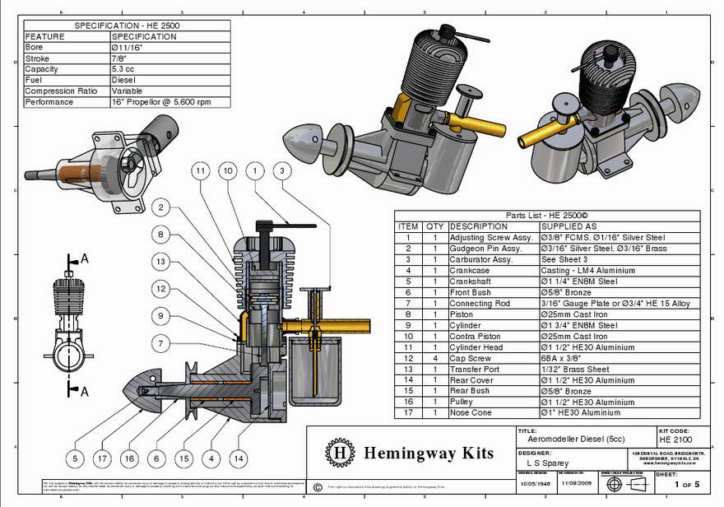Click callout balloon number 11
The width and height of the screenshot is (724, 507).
point(200,170)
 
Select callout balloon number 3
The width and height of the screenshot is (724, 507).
point(281,170)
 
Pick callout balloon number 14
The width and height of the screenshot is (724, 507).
point(239,458)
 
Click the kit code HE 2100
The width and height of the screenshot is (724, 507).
point(678,441)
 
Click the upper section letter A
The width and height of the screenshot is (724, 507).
point(85,258)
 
